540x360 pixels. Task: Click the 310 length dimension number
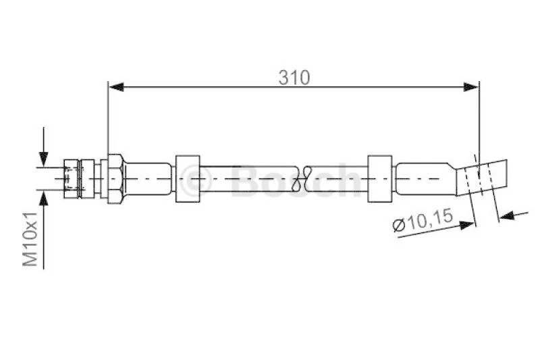click(x=294, y=78)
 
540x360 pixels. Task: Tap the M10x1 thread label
click(x=30, y=239)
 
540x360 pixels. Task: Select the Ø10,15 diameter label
click(x=423, y=221)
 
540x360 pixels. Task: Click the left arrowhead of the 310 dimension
click(x=116, y=87)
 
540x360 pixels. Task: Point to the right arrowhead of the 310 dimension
click(x=471, y=87)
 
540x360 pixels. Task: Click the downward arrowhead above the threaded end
click(x=43, y=159)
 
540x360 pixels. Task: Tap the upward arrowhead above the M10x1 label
click(x=43, y=197)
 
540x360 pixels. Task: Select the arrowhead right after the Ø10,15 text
click(x=467, y=226)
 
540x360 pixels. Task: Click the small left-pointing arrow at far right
click(x=507, y=216)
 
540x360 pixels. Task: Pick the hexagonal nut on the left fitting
click(x=115, y=179)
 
